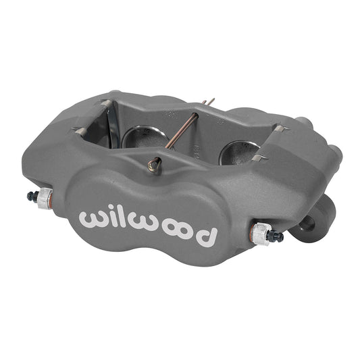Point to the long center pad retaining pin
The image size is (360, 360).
coord(186,132)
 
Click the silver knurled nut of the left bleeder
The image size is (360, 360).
coord(44,198)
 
